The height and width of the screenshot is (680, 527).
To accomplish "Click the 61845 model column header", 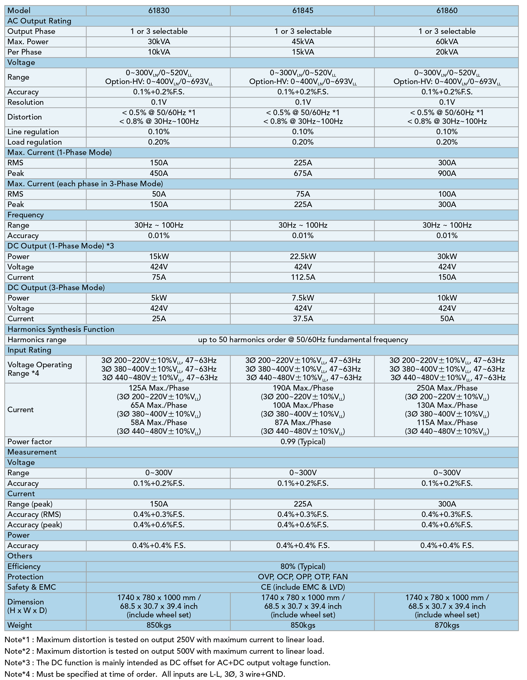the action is coord(303,11).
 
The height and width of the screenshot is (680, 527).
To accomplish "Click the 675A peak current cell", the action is coord(303,173).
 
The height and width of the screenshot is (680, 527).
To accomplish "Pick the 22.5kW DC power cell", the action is coord(303,257).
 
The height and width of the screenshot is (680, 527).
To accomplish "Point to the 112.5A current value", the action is coord(303,277).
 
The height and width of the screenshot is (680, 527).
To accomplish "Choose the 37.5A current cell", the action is coord(303,319).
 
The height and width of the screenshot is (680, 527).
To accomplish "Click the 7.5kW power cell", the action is coord(303,298).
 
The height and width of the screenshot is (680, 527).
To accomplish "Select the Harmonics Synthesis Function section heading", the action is coord(61,330).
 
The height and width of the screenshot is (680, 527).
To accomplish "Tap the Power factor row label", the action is coord(29,442).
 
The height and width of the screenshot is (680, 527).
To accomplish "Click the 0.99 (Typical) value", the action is coord(303,442).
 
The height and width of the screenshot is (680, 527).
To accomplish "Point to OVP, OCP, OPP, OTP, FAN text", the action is coord(303,577).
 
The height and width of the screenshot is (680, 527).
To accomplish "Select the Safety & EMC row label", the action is coord(32,587).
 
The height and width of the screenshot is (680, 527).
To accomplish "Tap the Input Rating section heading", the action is coord(29,350).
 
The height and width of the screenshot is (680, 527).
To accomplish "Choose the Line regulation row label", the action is coord(33,132).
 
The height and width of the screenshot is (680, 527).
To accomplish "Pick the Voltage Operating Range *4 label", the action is coord(40,369).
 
